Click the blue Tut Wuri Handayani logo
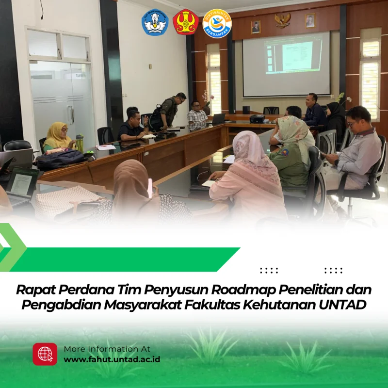(x=155, y=22)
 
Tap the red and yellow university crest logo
(x=186, y=22)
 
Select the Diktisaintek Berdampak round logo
(x=217, y=23)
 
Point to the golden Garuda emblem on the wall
(x=282, y=20)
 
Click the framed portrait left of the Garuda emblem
(x=256, y=27)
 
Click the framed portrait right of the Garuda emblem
(x=310, y=20)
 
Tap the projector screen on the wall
(x=286, y=64)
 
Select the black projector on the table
(x=257, y=119)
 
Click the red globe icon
(x=45, y=354)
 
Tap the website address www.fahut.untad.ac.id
(x=112, y=359)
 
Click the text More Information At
(x=107, y=349)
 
